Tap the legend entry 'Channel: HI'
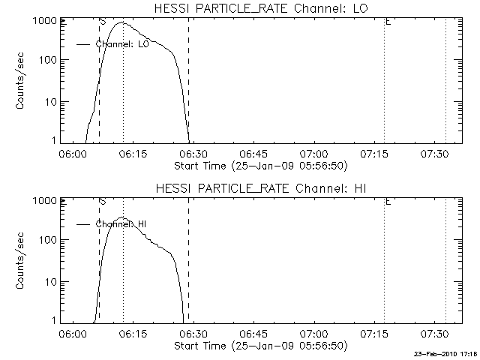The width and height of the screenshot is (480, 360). tap(120, 223)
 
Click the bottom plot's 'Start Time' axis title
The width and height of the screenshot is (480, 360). tap(259, 345)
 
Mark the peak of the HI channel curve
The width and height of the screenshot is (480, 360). tap(121, 217)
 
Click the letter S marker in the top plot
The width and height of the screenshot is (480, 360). tap(102, 22)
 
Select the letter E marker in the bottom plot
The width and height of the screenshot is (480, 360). tap(387, 202)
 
